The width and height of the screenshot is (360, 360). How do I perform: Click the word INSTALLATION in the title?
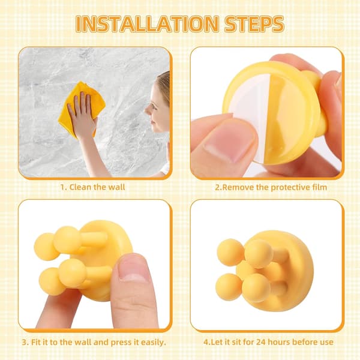[x=147, y=24]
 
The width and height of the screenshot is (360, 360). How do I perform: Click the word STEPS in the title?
[x=254, y=24]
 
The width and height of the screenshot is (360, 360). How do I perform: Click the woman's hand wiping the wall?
[x=82, y=115]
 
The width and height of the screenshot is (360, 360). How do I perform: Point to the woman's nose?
[x=147, y=110]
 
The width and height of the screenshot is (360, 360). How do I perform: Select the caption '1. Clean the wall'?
[x=92, y=187]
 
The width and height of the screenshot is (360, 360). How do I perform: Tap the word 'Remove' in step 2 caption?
[x=238, y=187]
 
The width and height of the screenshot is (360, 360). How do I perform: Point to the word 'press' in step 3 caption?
[x=121, y=343]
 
